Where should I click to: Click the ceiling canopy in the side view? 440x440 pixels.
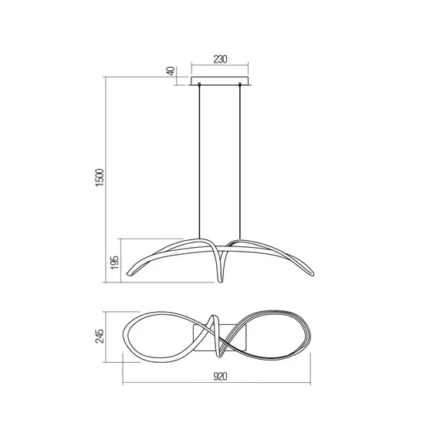pos(219,81)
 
